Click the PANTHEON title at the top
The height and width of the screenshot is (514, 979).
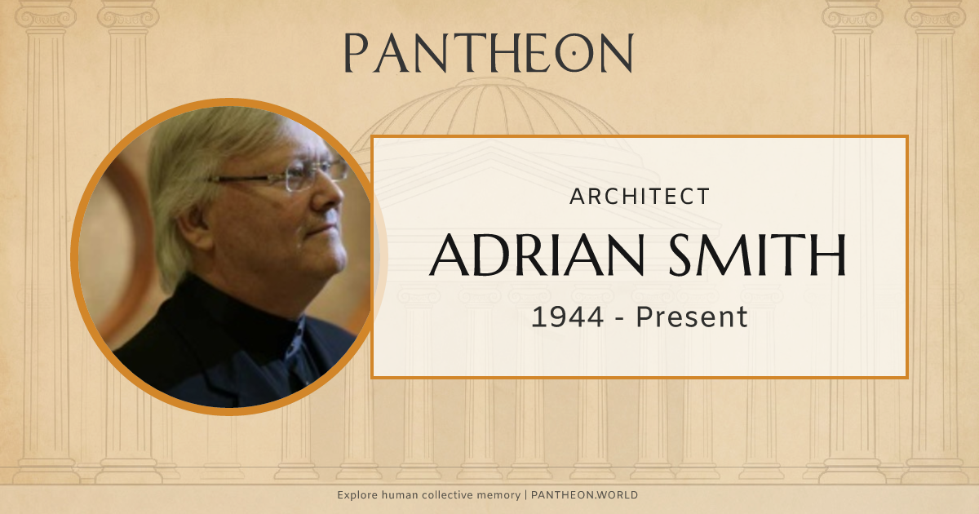tap(488, 54)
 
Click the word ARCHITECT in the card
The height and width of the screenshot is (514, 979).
tap(639, 197)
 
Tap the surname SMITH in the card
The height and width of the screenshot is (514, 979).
tap(756, 255)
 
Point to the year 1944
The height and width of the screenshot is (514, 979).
tap(567, 317)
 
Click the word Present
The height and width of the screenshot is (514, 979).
tap(692, 317)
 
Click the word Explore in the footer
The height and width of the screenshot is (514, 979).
tap(357, 495)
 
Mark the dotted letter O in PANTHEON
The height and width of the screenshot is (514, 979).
tap(575, 54)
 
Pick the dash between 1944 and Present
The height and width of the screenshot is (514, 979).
tap(620, 317)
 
